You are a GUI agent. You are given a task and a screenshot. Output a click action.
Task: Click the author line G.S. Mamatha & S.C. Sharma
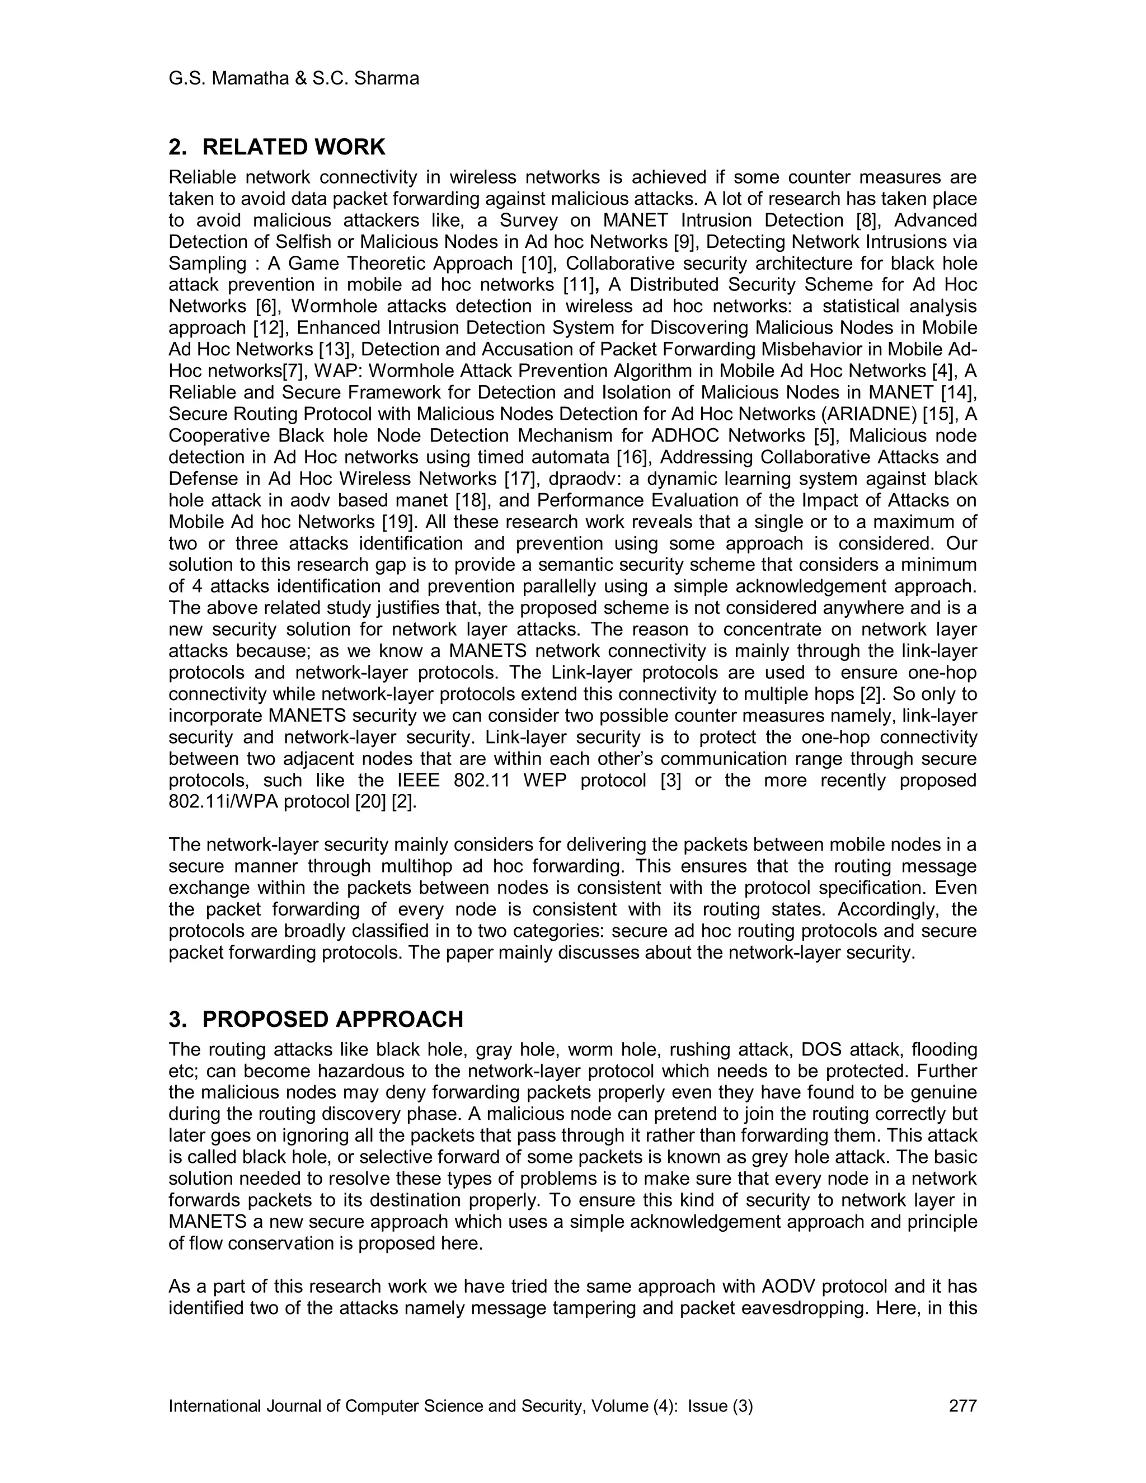pyautogui.click(x=293, y=79)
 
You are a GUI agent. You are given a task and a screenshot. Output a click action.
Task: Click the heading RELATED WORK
pyautogui.click(x=293, y=147)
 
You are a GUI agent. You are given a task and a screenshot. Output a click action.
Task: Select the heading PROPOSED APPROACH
pyautogui.click(x=333, y=1019)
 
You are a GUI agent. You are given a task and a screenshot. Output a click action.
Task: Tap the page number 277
pyautogui.click(x=962, y=1406)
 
